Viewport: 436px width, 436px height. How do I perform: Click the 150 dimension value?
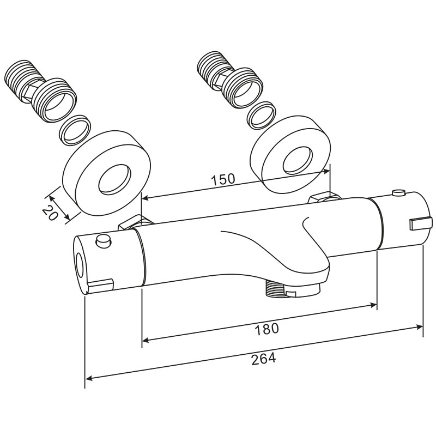pyautogui.click(x=223, y=179)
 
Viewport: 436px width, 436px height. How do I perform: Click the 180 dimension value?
pyautogui.click(x=267, y=329)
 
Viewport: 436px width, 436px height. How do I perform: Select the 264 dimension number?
pyautogui.click(x=264, y=359)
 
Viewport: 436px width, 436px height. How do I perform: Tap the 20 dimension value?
pyautogui.click(x=51, y=213)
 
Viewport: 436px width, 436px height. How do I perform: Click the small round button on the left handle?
pyautogui.click(x=103, y=240)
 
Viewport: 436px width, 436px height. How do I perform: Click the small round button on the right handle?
pyautogui.click(x=398, y=193)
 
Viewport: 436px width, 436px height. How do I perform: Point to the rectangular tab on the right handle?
pyautogui.click(x=421, y=223)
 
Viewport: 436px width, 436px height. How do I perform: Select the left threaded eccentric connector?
pyautogui.click(x=41, y=91)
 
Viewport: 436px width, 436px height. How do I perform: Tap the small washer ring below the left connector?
pyautogui.click(x=75, y=130)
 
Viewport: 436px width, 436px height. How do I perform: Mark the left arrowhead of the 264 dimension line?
pyautogui.click(x=89, y=378)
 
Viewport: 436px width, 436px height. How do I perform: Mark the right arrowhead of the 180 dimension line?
pyautogui.click(x=373, y=305)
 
